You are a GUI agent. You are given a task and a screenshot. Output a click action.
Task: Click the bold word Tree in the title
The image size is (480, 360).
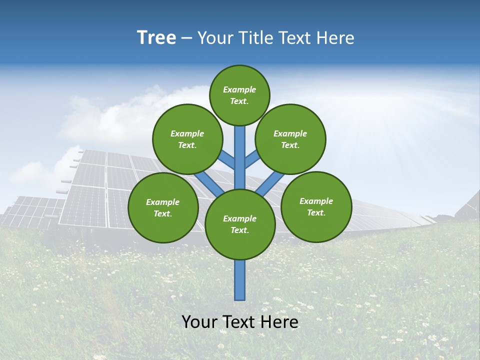tap(156, 38)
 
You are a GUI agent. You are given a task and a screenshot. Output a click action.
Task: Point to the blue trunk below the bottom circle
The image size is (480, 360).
tap(240, 280)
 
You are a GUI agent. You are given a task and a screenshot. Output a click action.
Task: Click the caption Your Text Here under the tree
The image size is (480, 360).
tap(240, 321)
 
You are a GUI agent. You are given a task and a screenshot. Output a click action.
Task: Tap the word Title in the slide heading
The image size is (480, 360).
tap(255, 38)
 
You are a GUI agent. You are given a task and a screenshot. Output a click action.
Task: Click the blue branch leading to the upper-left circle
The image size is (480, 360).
tap(228, 161)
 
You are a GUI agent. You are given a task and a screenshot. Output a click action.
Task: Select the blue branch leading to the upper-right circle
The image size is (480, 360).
tap(252, 161)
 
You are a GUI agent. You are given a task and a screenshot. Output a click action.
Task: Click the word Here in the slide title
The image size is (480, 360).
tap(336, 38)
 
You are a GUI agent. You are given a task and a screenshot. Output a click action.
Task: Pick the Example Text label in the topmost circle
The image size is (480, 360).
tap(239, 95)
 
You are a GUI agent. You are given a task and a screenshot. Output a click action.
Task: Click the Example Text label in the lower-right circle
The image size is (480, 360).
tap(316, 207)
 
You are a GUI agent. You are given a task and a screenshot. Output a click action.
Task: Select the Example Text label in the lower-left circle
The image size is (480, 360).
tap(162, 208)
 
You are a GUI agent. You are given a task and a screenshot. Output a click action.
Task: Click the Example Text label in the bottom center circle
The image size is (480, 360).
tap(239, 224)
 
